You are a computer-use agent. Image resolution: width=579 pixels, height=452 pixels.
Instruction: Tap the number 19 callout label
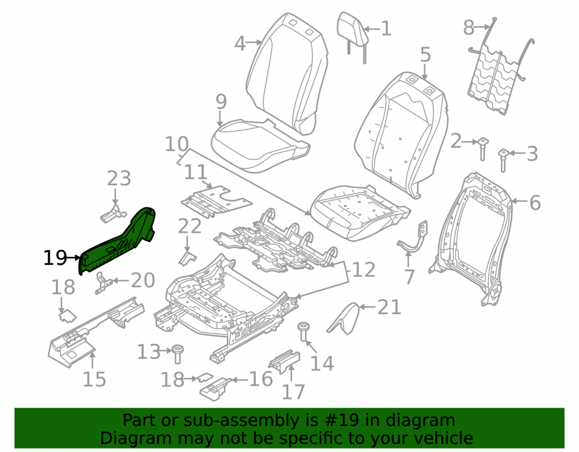55,258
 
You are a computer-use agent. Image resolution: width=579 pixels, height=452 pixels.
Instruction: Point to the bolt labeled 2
483,148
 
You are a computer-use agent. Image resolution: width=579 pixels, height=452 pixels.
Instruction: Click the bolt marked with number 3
503,159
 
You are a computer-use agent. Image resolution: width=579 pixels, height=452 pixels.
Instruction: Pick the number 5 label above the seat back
426,54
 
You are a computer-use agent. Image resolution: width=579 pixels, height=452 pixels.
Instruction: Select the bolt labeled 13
178,354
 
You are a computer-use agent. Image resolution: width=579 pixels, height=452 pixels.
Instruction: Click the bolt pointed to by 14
303,331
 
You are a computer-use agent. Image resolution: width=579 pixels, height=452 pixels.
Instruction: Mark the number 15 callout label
94,379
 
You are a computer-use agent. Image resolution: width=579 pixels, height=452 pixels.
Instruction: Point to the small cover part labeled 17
285,361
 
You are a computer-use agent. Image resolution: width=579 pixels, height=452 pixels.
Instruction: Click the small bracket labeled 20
103,283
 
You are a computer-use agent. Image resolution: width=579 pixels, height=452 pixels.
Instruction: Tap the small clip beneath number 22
188,258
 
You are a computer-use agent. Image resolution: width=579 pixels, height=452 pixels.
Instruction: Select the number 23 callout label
119,179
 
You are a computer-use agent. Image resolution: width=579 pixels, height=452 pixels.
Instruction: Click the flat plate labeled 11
216,201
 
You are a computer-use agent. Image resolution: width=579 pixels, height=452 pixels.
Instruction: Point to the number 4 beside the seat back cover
240,43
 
